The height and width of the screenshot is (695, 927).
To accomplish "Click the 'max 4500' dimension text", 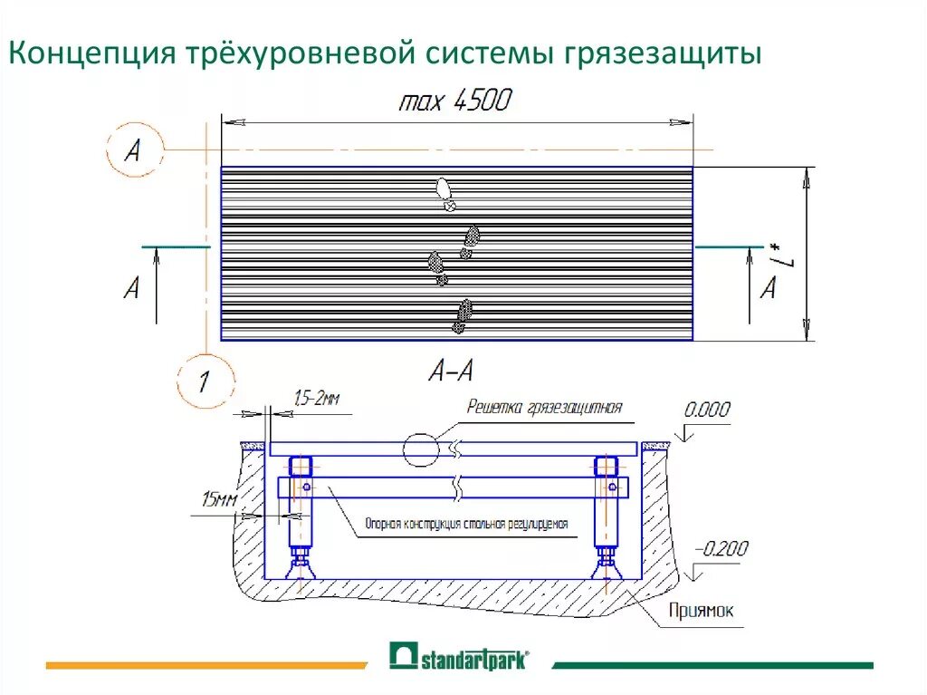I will [454, 100].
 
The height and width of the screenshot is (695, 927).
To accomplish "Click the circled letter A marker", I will [133, 150].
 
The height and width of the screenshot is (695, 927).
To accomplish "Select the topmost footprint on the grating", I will [444, 193].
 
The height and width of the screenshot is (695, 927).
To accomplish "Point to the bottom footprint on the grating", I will [463, 315].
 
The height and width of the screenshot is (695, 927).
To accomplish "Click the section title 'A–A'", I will [451, 370].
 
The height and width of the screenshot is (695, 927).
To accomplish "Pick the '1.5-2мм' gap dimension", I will [317, 397].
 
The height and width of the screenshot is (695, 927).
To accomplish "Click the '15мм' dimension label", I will [221, 498].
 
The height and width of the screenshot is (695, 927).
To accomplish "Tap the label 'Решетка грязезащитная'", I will [544, 408].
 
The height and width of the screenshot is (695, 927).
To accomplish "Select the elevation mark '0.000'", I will [706, 410].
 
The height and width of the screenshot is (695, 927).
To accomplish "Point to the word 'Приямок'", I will [702, 612].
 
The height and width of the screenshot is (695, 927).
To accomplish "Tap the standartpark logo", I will [459, 657].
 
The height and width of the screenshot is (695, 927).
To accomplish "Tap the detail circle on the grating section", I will [420, 449].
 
